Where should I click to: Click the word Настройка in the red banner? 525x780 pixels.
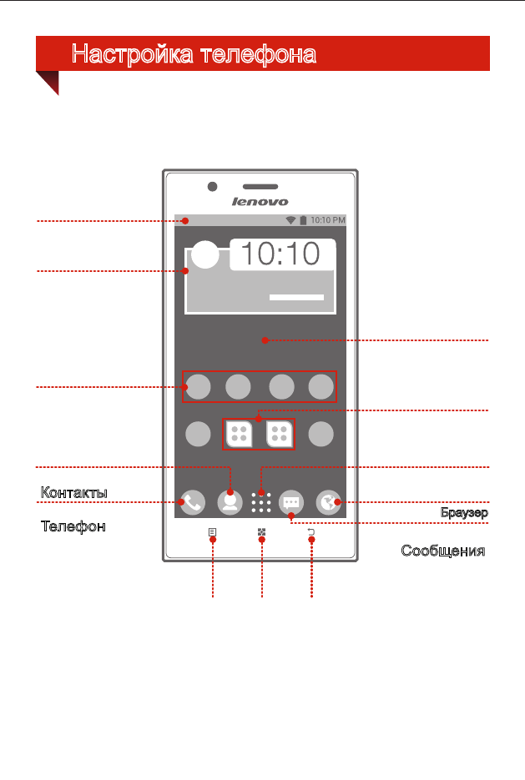(x=133, y=54)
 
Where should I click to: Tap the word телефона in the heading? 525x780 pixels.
(x=258, y=54)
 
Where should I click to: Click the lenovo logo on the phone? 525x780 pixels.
(x=260, y=202)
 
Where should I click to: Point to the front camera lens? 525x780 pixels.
(x=213, y=187)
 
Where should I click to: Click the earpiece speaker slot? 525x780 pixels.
(x=260, y=187)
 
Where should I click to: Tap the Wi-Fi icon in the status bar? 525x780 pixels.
(x=290, y=220)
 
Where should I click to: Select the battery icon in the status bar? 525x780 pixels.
(x=303, y=220)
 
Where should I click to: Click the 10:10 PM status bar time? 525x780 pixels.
(x=328, y=220)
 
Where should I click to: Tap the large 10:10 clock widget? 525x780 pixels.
(x=281, y=254)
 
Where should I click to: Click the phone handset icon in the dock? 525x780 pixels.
(x=193, y=502)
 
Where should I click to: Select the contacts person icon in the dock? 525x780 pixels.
(x=230, y=502)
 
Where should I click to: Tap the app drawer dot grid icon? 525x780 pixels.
(x=261, y=502)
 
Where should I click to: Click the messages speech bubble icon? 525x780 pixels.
(x=291, y=502)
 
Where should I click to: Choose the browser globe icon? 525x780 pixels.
(x=328, y=502)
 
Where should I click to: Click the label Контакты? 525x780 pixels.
(x=73, y=492)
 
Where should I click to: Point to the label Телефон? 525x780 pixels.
(x=73, y=526)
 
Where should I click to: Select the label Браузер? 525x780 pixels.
(x=464, y=512)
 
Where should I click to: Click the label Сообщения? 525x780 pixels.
(x=443, y=551)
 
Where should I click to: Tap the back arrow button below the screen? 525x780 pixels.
(x=311, y=532)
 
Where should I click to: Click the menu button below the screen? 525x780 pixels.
(x=213, y=532)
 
